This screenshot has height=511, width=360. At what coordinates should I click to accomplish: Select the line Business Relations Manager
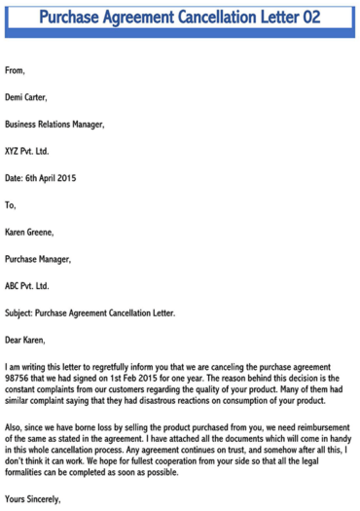click(x=54, y=125)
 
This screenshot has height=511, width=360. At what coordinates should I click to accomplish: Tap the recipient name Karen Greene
click(x=32, y=233)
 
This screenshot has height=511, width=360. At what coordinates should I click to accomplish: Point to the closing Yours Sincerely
click(x=33, y=500)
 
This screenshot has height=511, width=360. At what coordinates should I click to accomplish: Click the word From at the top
click(x=16, y=70)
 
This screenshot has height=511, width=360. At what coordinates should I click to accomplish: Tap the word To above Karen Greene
click(x=11, y=205)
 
